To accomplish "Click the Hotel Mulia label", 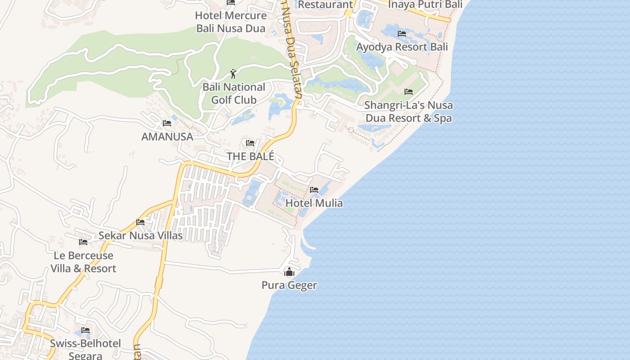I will tap(314, 203).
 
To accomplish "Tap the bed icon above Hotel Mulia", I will tap(314, 190).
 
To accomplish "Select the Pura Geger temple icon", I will tap(289, 272).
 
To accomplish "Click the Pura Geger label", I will tap(289, 285).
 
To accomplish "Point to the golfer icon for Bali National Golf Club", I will tap(233, 74).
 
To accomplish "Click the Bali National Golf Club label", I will tap(234, 93).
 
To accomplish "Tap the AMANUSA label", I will tap(167, 137).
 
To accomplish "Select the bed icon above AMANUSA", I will tap(167, 123).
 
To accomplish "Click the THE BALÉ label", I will tap(250, 157).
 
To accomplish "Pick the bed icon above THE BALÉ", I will tap(250, 143).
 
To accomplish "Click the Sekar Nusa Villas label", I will tap(140, 235).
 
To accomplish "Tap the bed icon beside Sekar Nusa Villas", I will tap(140, 222).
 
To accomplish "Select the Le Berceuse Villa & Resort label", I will tap(83, 262).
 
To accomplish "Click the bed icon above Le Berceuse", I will tap(83, 242).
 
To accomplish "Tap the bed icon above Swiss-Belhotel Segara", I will tap(85, 331).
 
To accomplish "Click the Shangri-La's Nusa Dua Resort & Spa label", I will tap(409, 112).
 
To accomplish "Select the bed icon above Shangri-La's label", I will tap(409, 92).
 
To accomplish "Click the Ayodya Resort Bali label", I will tap(402, 47).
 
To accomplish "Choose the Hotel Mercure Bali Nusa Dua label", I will tap(231, 22).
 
